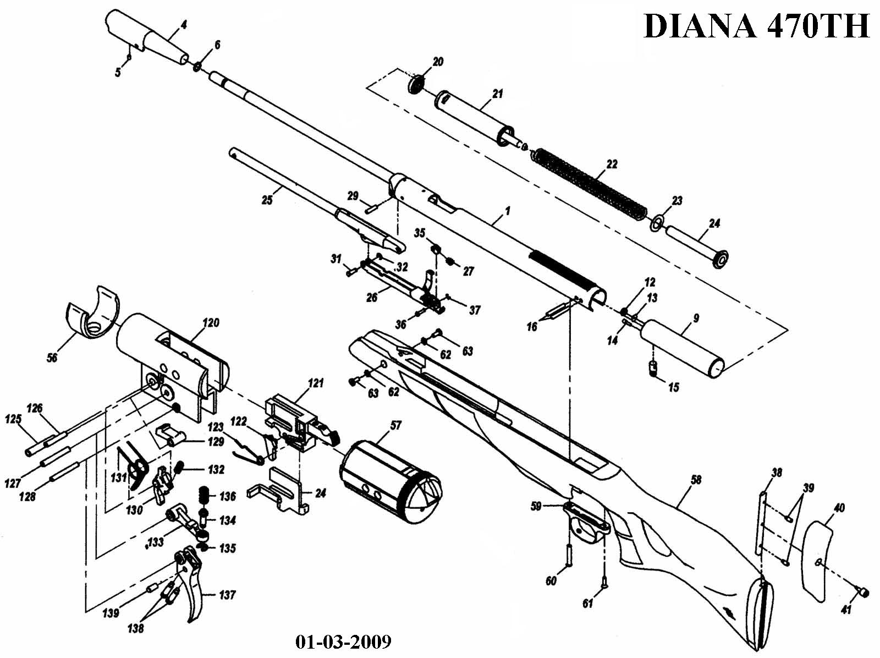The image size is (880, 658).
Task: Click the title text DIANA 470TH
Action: [x=756, y=26]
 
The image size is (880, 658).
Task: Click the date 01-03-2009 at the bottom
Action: [x=343, y=641]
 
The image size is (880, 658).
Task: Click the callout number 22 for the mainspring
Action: [x=612, y=164]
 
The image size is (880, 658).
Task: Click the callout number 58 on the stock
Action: [x=696, y=480]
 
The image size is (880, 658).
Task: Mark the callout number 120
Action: [x=211, y=322]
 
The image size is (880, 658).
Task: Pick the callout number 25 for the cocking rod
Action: [x=267, y=200]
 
